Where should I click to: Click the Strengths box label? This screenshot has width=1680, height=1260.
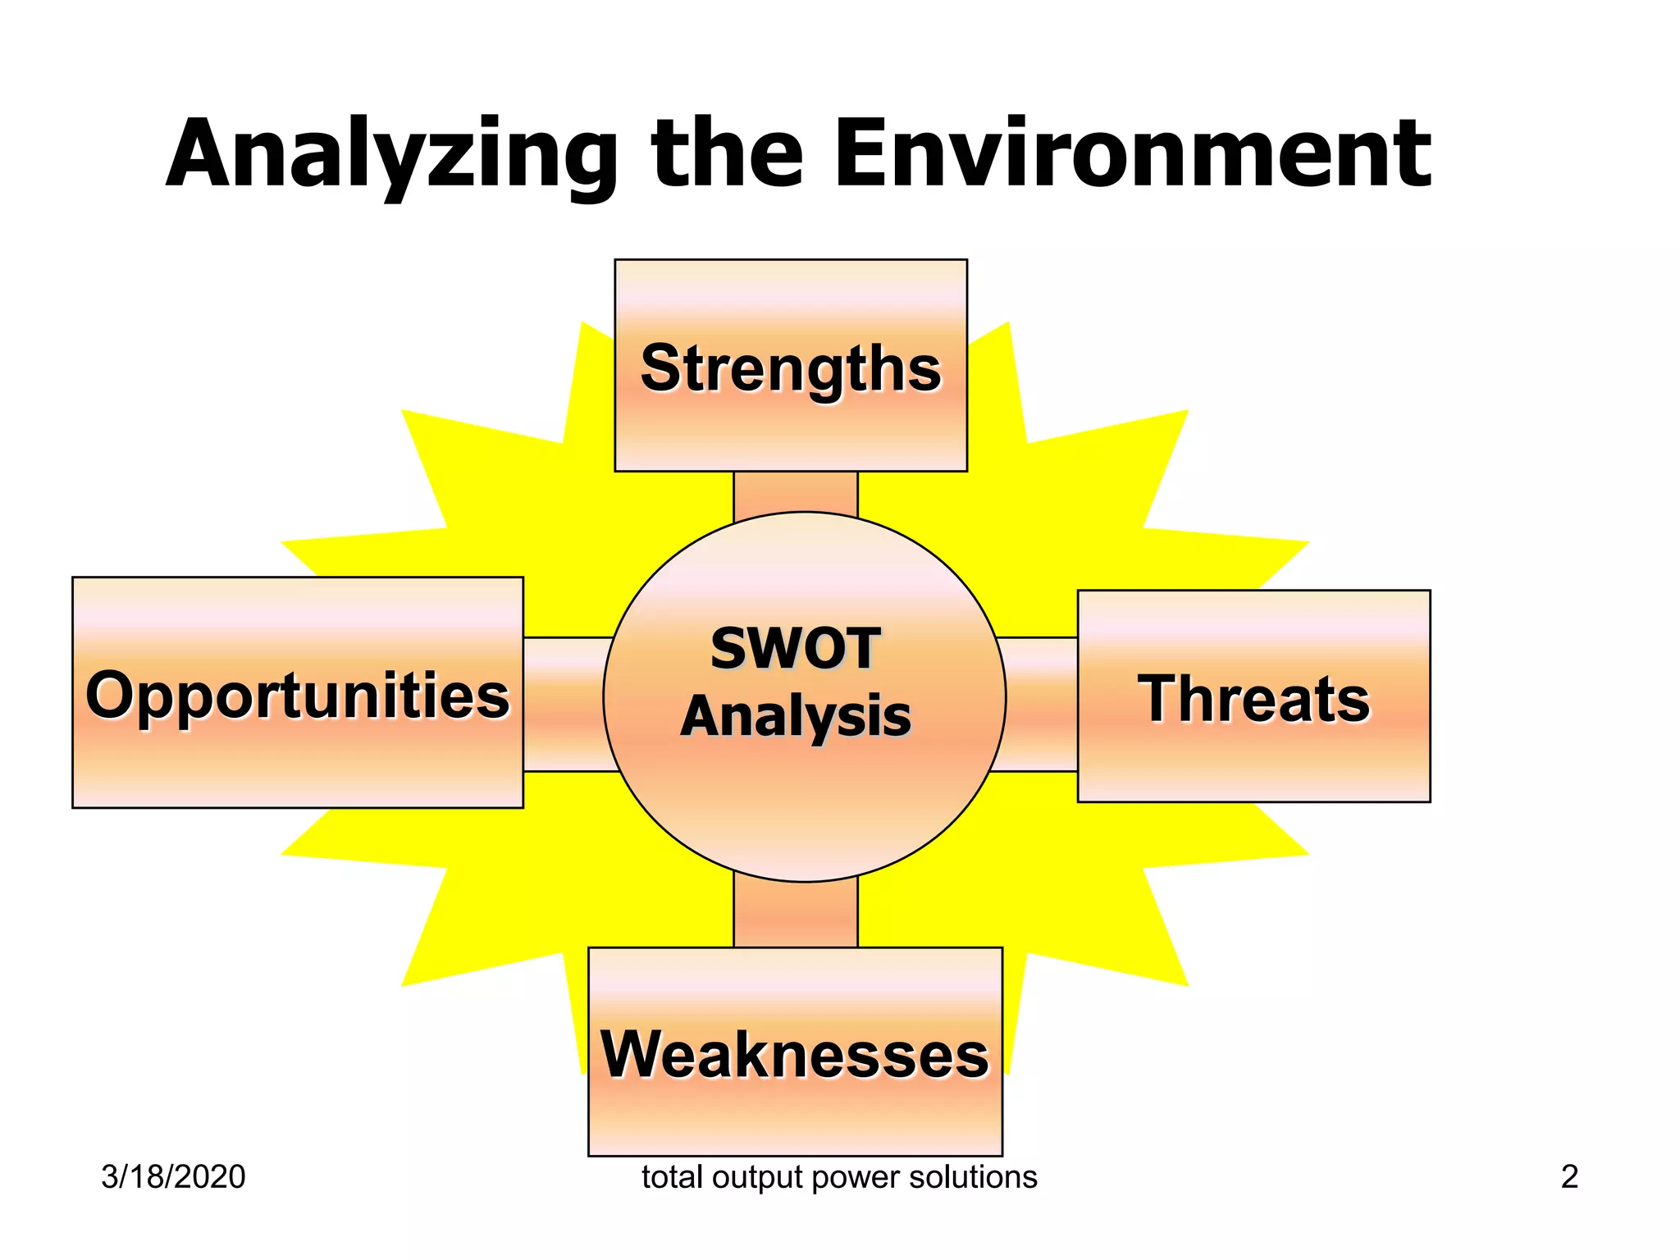click(x=791, y=368)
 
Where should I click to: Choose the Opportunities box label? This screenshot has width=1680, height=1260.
click(x=297, y=696)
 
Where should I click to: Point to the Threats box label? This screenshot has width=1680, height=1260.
click(x=1253, y=699)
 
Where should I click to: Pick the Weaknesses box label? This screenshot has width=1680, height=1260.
click(x=795, y=1055)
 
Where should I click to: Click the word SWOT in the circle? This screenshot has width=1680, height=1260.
click(x=795, y=649)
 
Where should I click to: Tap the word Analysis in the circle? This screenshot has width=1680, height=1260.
click(x=795, y=716)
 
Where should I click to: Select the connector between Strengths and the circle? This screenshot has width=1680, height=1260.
click(x=795, y=494)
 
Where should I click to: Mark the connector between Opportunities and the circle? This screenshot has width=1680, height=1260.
click(x=566, y=704)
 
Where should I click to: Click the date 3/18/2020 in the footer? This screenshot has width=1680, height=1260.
click(x=173, y=1177)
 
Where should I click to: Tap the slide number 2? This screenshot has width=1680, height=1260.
click(x=1569, y=1177)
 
